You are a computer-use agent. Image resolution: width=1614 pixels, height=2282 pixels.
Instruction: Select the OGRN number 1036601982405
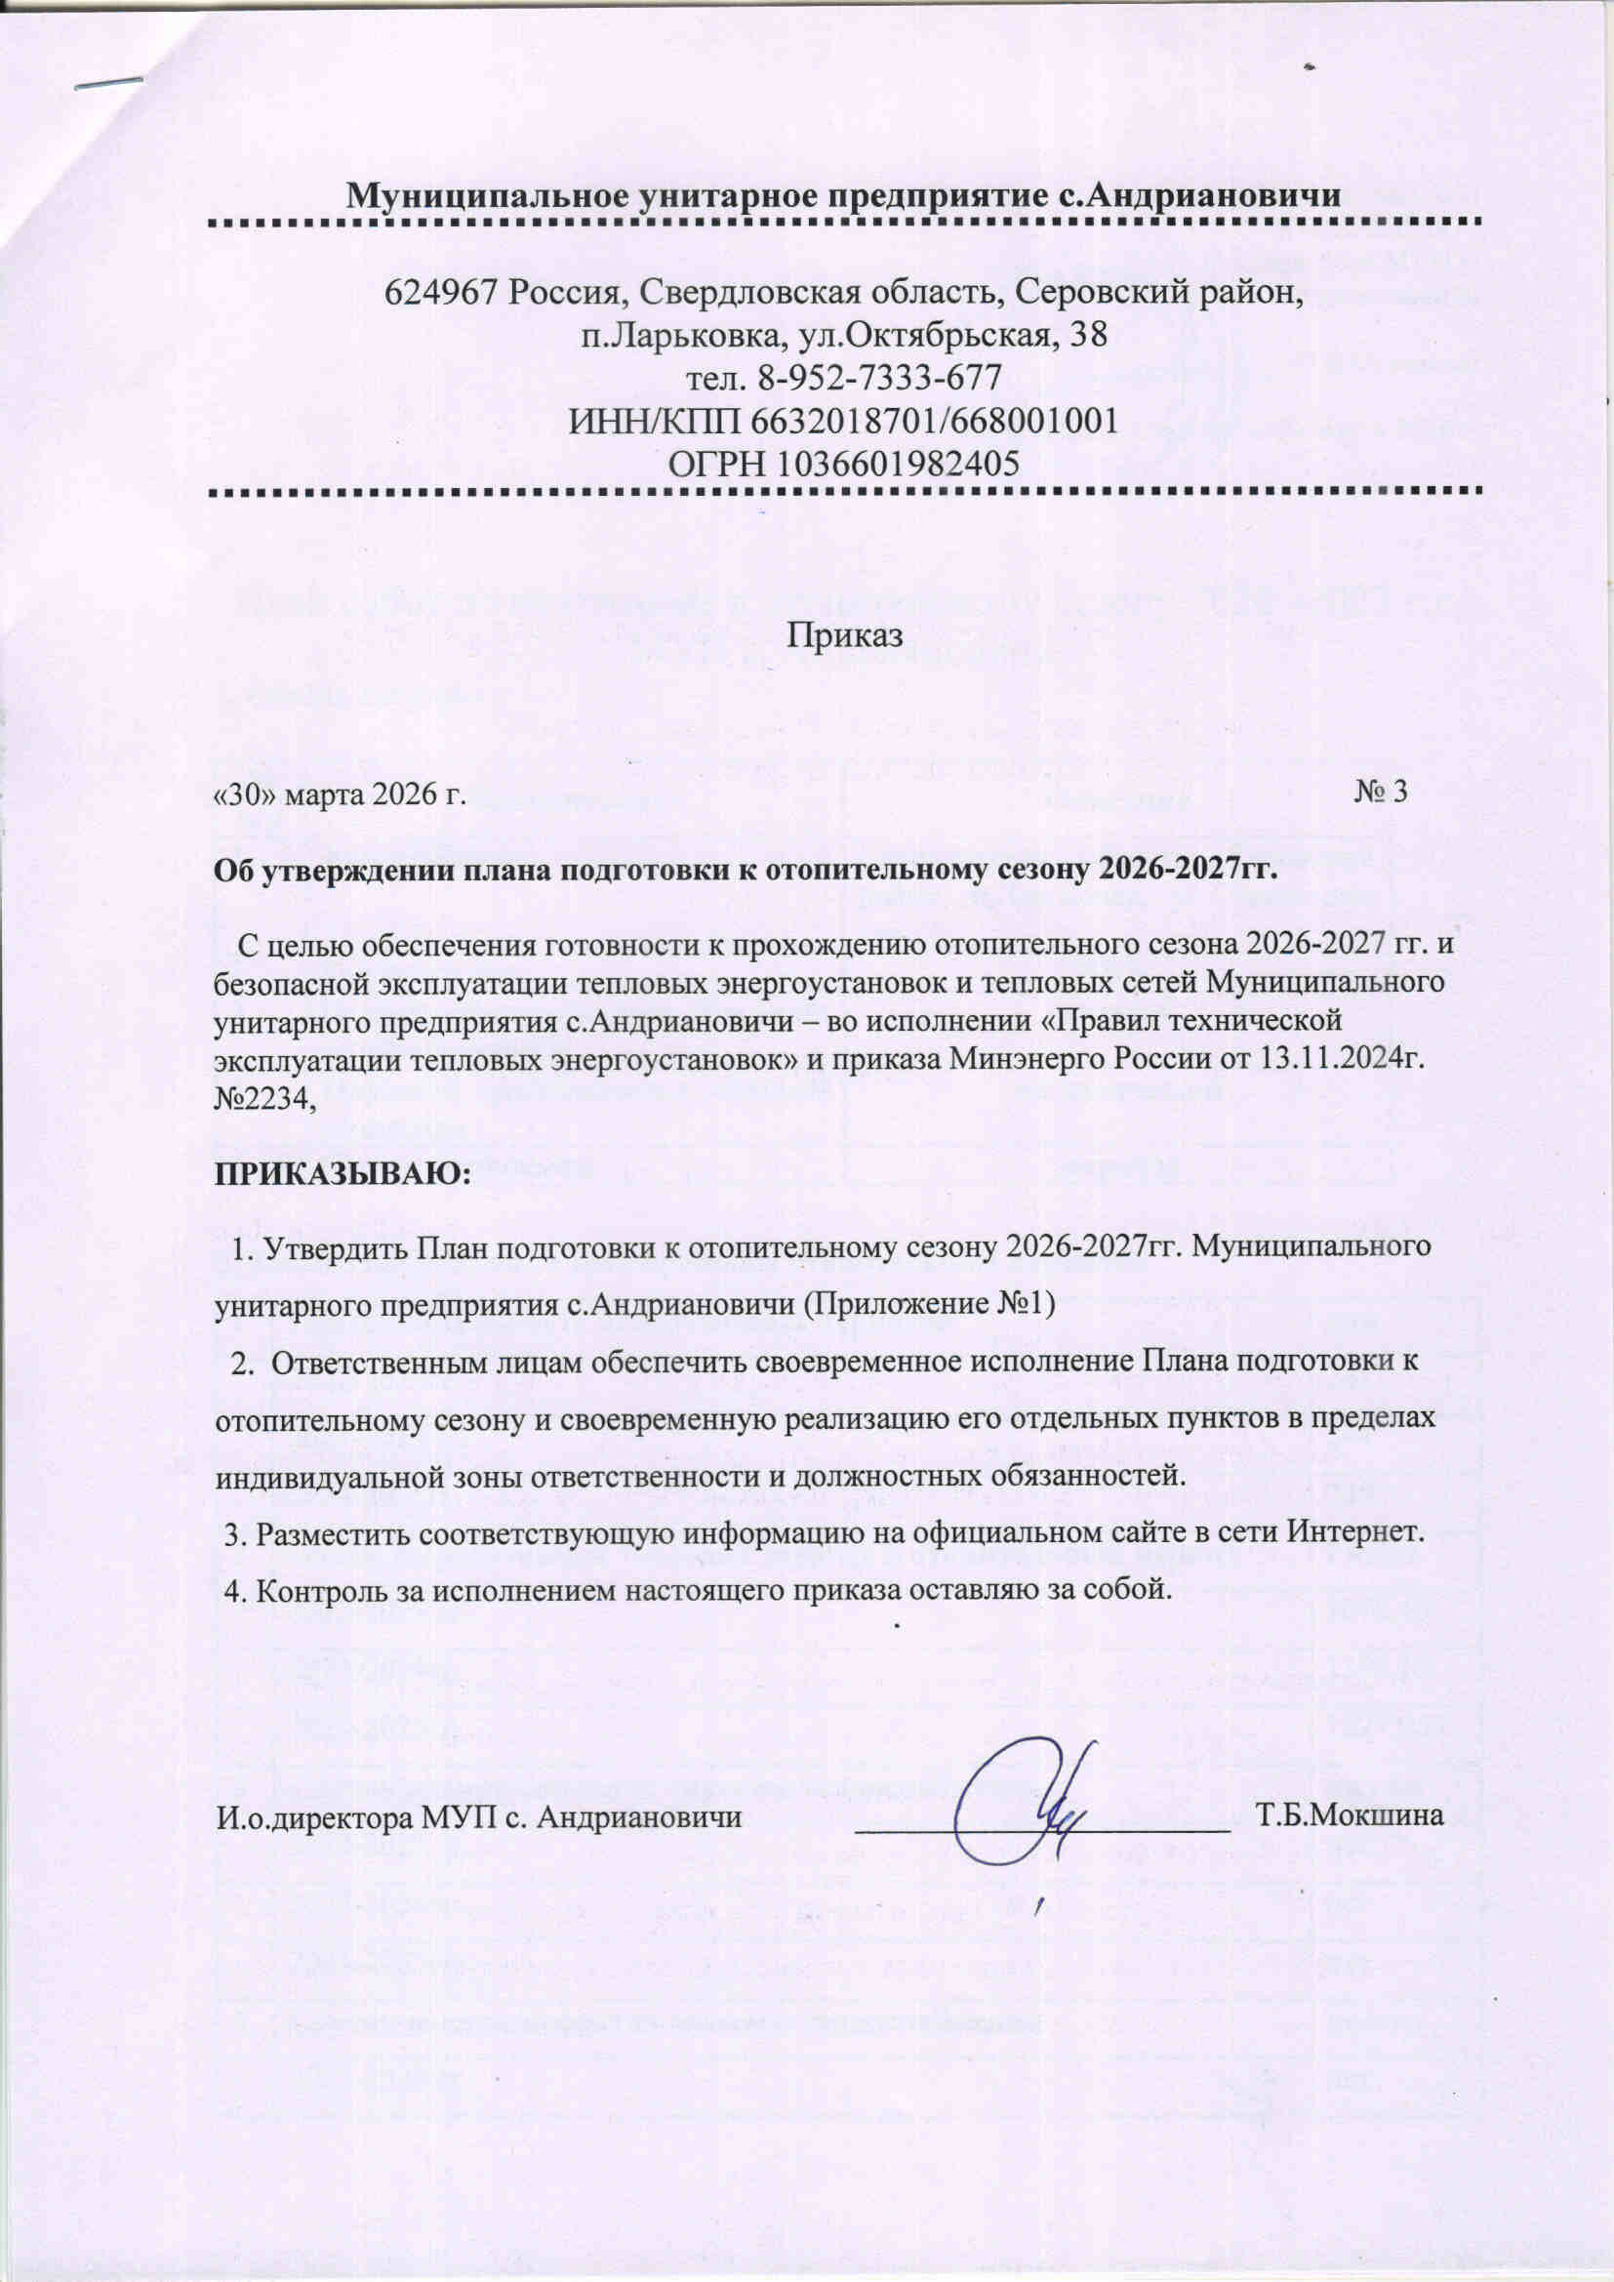coord(902,464)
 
